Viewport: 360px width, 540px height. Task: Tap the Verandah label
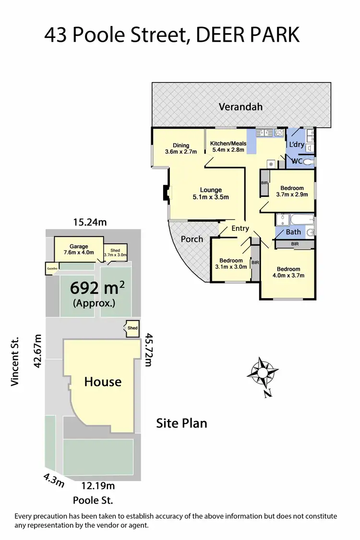[240, 107]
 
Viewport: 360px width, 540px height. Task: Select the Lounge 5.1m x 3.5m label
[211, 193]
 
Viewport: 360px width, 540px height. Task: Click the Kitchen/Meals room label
[228, 146]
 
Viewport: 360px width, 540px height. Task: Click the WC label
[297, 162]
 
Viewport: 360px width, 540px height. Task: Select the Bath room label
[293, 232]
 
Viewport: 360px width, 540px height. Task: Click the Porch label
[192, 239]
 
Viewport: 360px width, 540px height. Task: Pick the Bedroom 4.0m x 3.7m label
[288, 272]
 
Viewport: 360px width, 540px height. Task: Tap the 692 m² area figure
[97, 288]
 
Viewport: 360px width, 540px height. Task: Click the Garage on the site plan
[79, 249]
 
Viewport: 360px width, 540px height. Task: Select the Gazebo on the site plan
[52, 268]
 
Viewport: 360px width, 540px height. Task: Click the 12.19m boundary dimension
[98, 486]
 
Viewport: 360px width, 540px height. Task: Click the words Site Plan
[182, 423]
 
